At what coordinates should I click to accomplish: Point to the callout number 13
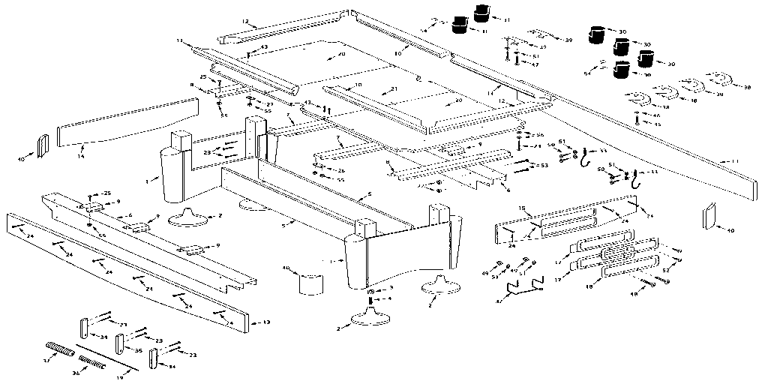pos(265,323)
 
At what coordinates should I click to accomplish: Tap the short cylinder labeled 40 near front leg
pos(310,283)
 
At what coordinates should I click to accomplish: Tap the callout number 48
pos(633,295)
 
